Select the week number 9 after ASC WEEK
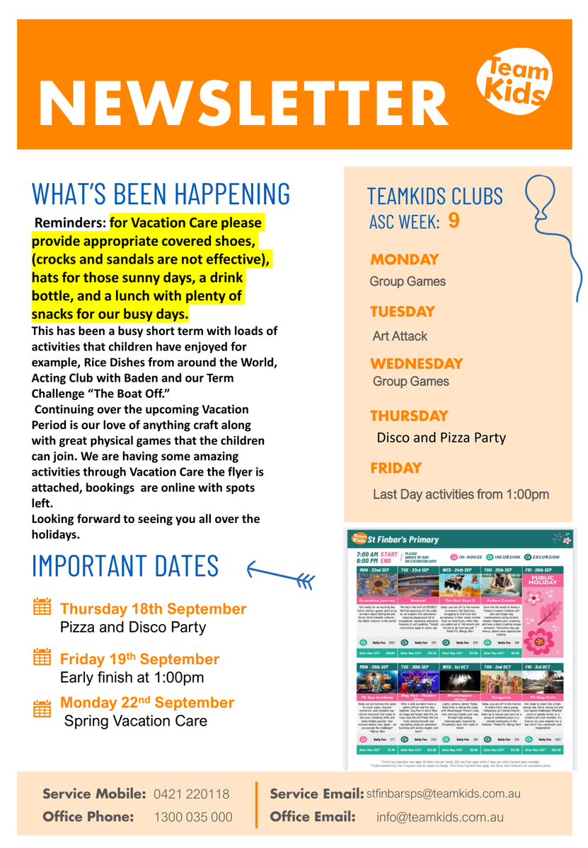(454, 221)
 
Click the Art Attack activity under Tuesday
(400, 336)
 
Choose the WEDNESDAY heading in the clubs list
(416, 364)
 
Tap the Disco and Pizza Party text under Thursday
(441, 438)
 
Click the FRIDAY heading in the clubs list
(396, 468)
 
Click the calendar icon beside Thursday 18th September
(42, 607)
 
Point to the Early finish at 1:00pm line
(132, 678)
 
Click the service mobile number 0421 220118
(191, 794)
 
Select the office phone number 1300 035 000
(193, 817)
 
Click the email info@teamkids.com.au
(440, 817)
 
